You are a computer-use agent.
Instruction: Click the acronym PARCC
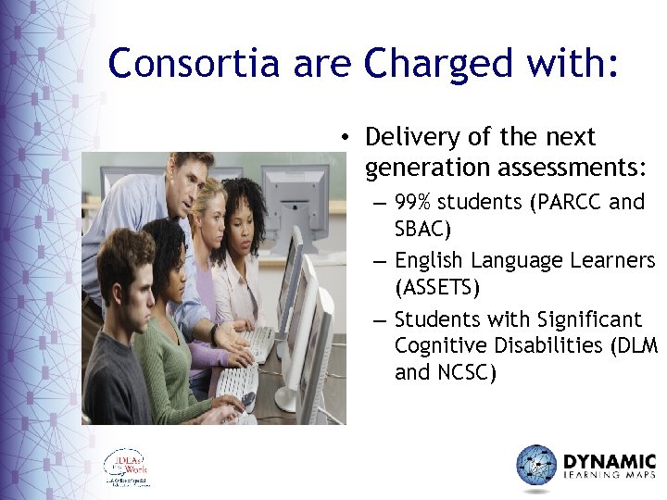point(566,202)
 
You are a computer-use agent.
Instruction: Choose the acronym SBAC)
point(423,228)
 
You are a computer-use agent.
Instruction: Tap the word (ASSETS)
point(437,287)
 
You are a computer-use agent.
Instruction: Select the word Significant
point(590,319)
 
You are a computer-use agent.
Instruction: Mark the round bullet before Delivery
point(344,138)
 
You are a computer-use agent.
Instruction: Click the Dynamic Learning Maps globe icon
point(536,465)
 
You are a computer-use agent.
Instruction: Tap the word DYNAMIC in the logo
point(610,460)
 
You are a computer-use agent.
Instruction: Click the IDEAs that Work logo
point(126,468)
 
